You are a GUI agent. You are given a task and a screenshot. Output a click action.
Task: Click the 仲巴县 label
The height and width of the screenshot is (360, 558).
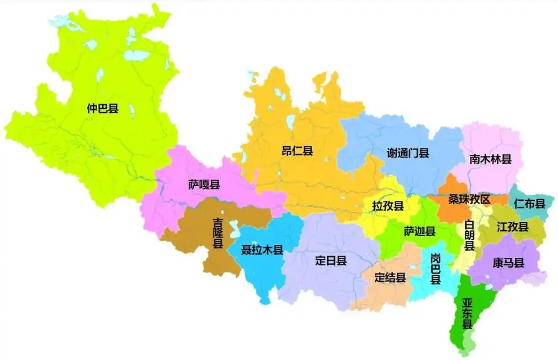[x=103, y=108]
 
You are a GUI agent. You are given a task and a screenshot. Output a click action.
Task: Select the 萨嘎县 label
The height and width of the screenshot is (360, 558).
[x=204, y=184]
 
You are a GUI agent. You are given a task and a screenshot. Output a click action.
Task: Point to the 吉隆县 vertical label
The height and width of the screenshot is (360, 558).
[x=218, y=234]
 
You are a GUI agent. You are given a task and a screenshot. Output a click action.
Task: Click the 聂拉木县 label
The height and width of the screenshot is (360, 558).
[x=262, y=250]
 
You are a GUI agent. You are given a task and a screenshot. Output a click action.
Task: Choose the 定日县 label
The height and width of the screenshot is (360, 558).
[x=331, y=261]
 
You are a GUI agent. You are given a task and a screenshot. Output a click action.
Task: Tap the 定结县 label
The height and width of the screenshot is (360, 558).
[x=390, y=278]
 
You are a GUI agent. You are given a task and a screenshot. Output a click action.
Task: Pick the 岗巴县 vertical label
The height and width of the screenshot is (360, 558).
[x=435, y=269]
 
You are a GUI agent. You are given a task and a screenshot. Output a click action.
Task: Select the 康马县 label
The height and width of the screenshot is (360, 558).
[x=508, y=263]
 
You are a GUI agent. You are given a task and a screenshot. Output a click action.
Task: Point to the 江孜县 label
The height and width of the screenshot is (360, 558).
[x=513, y=227]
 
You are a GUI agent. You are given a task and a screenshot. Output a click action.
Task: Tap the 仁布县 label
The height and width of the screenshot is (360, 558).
[x=530, y=203]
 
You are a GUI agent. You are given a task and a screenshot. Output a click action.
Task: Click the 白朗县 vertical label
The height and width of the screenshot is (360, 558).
[x=470, y=236]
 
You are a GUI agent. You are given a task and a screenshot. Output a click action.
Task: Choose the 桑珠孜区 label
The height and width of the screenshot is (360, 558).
[x=469, y=199]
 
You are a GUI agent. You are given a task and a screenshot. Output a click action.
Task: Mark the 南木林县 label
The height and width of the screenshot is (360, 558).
[x=490, y=159]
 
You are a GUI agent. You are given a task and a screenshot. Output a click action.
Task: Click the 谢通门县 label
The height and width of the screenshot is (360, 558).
[x=408, y=153]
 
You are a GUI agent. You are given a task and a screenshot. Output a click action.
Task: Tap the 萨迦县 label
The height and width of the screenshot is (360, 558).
[x=419, y=231]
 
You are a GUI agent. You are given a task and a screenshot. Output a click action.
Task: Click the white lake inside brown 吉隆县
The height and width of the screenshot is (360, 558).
[x=234, y=228]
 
